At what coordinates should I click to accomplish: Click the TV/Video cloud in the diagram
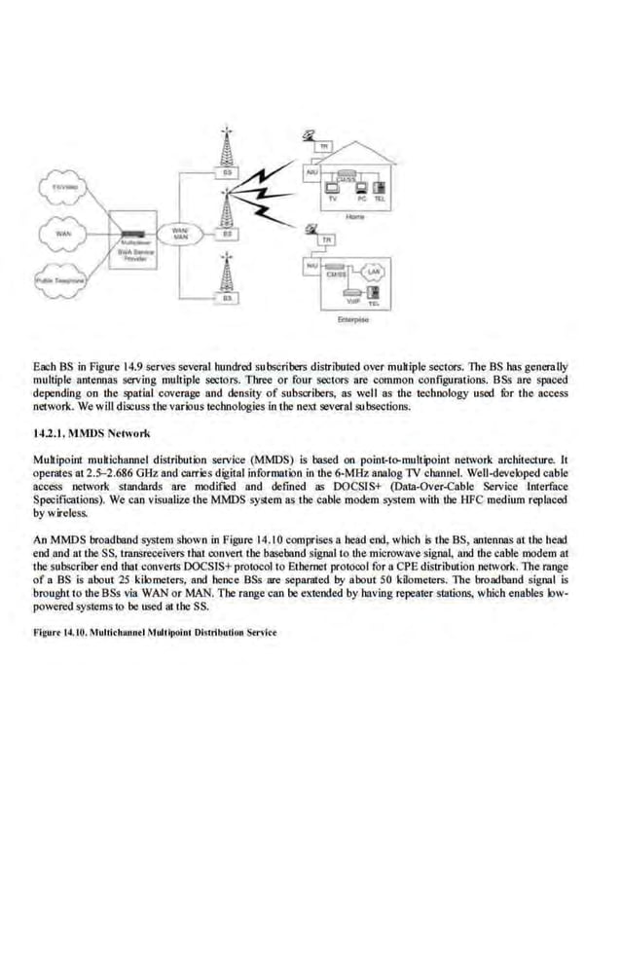pyautogui.click(x=60, y=185)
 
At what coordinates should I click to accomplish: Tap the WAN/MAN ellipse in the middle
pyautogui.click(x=180, y=235)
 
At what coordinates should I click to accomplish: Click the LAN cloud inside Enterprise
pyautogui.click(x=372, y=273)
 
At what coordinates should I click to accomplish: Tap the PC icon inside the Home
pyautogui.click(x=359, y=186)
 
